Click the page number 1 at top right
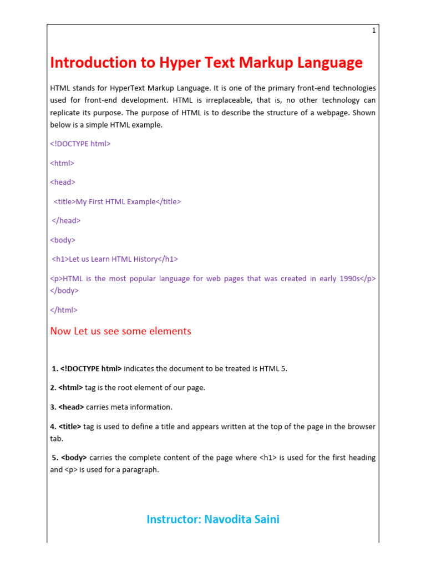coord(374,31)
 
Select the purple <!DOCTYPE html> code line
coord(80,144)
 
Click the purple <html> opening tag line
coord(62,163)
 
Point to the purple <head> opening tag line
coord(63,182)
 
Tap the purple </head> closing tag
coord(66,221)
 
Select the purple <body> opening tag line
coord(63,240)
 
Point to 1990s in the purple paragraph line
coord(349,278)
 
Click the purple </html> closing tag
coord(64,311)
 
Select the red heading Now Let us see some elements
coord(120,331)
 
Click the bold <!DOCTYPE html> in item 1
coord(91,369)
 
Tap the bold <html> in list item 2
coord(70,388)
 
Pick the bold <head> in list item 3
coord(71,407)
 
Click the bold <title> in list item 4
coord(70,427)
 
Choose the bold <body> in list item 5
coord(74,458)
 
